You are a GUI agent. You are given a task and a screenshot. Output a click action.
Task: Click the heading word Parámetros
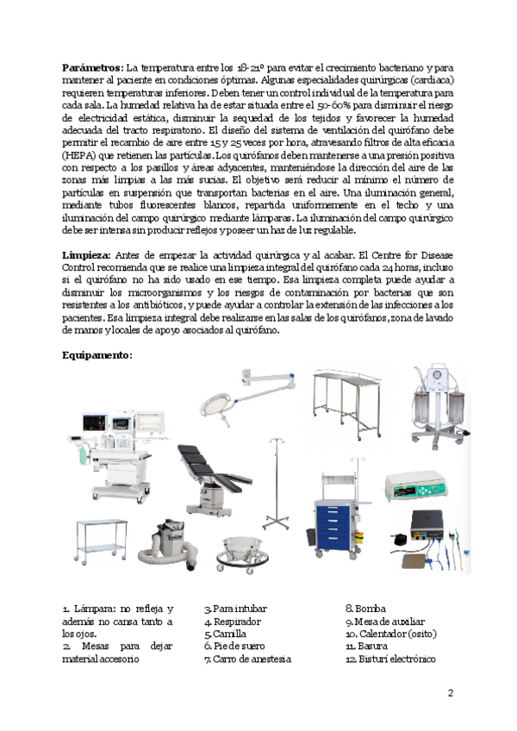pos(92,67)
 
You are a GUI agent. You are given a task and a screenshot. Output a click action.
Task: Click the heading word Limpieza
pos(87,255)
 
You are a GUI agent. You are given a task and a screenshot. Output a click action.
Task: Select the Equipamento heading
pos(97,355)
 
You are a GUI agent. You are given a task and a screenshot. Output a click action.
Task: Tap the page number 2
pos(451,693)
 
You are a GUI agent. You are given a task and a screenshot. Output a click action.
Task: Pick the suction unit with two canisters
pos(434,406)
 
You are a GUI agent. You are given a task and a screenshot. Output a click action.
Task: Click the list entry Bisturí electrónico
pos(395,659)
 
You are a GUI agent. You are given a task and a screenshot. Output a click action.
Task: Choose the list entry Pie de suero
pos(233,646)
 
